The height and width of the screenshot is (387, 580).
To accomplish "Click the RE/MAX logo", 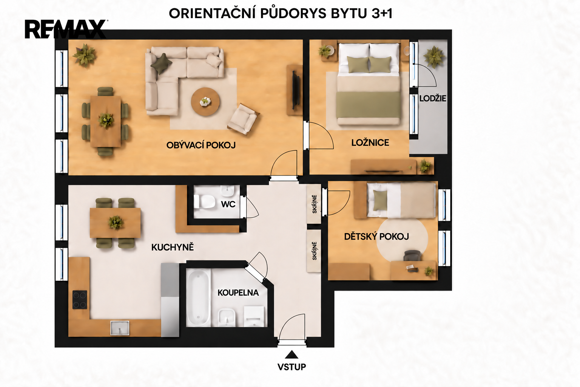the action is coord(66,29).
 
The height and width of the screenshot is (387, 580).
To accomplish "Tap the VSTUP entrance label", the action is coord(292,367).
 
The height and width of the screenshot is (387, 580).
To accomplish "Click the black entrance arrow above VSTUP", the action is coord(292,354).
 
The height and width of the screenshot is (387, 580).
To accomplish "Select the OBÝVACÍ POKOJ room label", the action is coord(201,145).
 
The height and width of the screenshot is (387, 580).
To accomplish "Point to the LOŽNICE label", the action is coord(370,142).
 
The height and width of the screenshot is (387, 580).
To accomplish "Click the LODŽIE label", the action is coord(433,99).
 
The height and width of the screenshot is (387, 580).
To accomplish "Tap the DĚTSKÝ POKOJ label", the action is coord(376,237).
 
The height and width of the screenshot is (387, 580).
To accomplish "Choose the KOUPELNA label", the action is coord(238,293).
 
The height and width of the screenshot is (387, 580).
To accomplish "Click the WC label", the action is coord(228,204).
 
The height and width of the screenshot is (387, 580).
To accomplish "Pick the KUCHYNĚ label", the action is coord(173,247).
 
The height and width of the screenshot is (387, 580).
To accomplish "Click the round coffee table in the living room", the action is coord(205,102).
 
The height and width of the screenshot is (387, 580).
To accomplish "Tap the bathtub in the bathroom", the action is coord(198,297).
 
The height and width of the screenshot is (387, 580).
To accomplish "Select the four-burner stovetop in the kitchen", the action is coord(80,300).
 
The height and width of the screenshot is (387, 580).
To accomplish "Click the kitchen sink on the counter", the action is coord(120,328).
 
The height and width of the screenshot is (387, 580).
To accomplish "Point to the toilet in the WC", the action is coord(205,201).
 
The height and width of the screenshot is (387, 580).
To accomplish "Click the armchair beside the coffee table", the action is coord(244,119).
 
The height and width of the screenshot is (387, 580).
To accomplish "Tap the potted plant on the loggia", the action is coord(434,57).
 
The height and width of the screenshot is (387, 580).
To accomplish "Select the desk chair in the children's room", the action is coord(412,255).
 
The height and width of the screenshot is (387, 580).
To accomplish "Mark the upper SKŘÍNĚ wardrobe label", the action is coord(314,204).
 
